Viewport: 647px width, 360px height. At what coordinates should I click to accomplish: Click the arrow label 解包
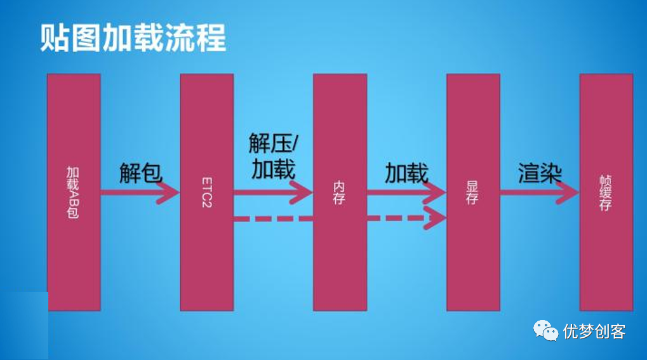pyautogui.click(x=140, y=172)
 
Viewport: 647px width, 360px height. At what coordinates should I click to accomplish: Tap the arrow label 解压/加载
pyautogui.click(x=273, y=157)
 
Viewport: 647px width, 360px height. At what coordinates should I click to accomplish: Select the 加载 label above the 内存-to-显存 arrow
pyautogui.click(x=406, y=173)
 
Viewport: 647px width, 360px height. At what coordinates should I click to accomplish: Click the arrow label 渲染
pyautogui.click(x=540, y=173)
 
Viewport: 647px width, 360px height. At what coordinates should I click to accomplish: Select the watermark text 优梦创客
pyautogui.click(x=594, y=331)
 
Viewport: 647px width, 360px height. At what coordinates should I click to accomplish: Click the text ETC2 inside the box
pyautogui.click(x=207, y=191)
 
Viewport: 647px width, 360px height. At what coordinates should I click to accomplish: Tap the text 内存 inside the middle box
pyautogui.click(x=340, y=192)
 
